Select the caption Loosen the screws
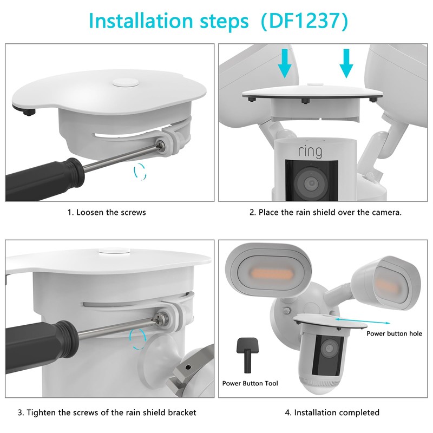107,212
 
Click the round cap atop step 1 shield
125,83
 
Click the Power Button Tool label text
250,383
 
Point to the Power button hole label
394,334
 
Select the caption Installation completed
332,412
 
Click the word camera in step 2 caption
388,212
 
